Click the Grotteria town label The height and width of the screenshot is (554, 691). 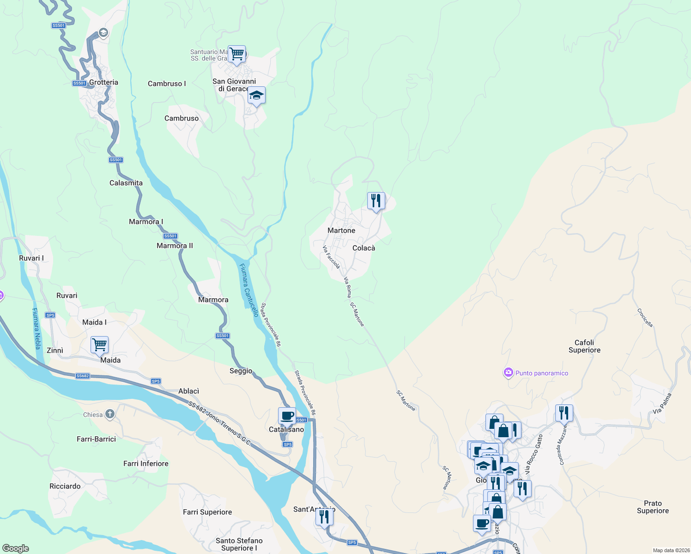pos(103,82)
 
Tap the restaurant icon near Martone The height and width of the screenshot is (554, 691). pos(376,201)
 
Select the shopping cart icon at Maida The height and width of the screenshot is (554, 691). pos(99,344)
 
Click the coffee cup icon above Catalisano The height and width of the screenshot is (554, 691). pos(287,415)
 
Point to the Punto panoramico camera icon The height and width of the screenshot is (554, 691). pos(509,373)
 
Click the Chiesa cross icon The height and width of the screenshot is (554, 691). pos(109,414)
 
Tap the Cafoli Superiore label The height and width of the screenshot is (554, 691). pos(584,346)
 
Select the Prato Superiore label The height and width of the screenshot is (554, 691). pos(653,507)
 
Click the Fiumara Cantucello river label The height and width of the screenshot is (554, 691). pos(249,290)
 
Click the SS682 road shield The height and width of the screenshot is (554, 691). pos(83,376)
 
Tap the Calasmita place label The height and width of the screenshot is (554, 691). pos(126,183)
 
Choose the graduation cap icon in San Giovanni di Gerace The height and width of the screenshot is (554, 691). pos(256,96)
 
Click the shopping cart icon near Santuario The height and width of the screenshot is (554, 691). pos(236,54)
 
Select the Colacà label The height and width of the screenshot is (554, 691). pos(364,248)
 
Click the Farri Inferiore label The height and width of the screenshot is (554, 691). pos(146,464)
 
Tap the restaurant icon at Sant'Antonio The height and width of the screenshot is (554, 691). pos(324,517)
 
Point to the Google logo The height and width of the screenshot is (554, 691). pos(16,548)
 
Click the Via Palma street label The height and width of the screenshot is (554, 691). pos(662,403)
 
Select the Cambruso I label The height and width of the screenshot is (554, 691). pos(167,84)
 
